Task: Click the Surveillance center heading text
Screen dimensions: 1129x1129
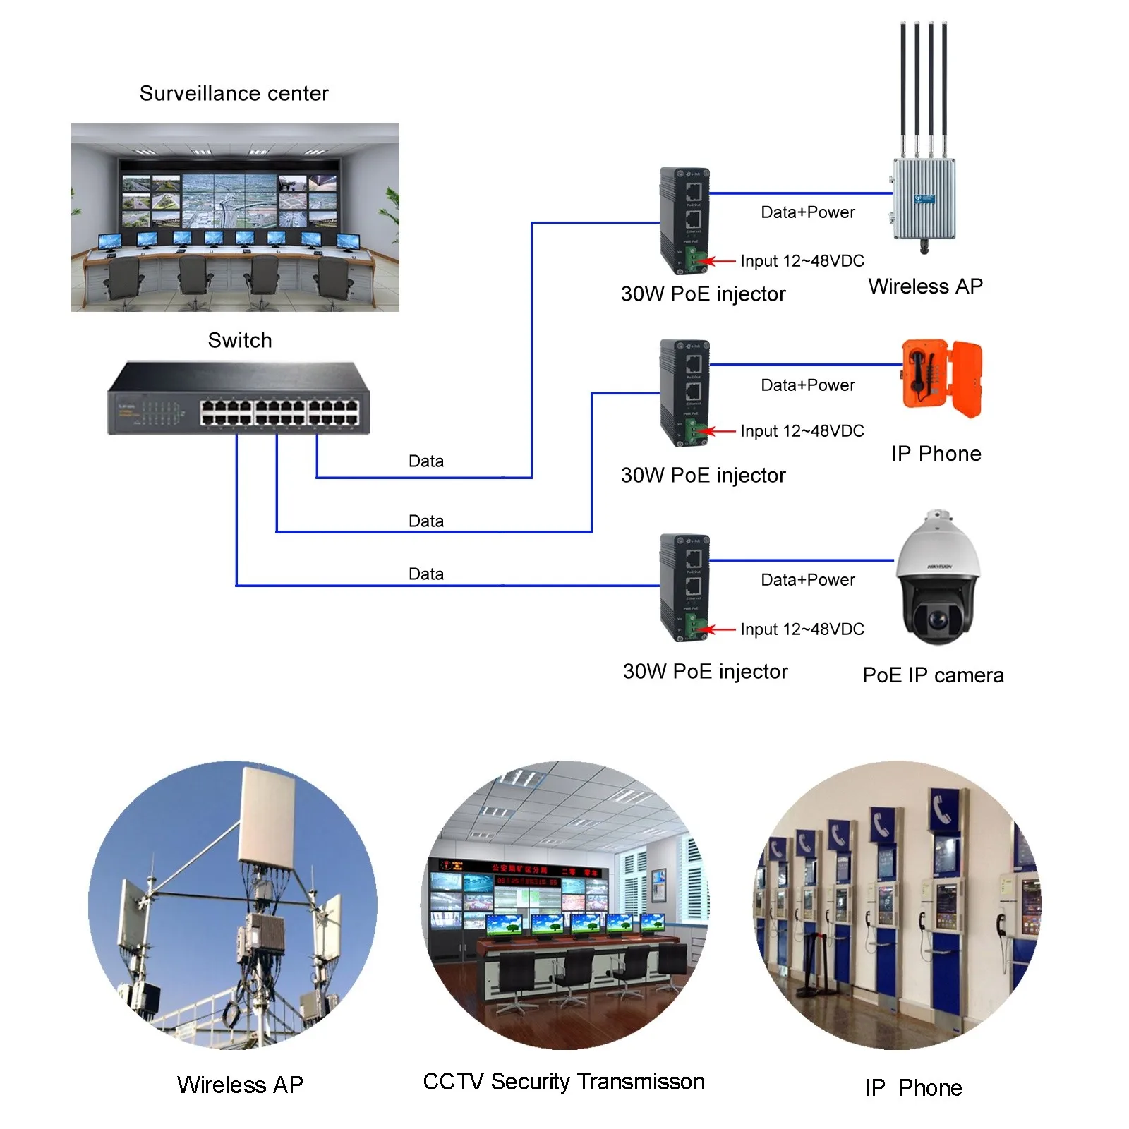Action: [x=234, y=93]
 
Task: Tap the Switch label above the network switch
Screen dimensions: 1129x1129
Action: [x=239, y=340]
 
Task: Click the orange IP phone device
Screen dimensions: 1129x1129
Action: [x=941, y=378]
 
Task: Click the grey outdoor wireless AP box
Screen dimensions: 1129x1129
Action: [x=924, y=198]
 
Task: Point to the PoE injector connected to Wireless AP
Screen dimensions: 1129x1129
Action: [x=684, y=221]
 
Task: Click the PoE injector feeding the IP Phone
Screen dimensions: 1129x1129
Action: [x=684, y=392]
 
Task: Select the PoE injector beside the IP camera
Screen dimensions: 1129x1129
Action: [x=684, y=587]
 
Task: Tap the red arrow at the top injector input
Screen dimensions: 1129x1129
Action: [x=721, y=261]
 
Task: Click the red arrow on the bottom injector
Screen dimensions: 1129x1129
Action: [x=721, y=629]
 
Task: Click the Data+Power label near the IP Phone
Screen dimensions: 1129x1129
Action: [x=807, y=385]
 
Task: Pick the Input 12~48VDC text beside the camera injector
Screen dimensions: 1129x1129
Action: [x=802, y=629]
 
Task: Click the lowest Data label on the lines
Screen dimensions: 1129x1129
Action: [x=425, y=574]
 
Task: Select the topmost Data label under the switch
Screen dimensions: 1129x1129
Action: [x=425, y=461]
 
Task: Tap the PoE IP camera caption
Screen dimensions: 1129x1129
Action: [x=932, y=675]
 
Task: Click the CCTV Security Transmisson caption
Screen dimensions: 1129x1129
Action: [x=563, y=1082]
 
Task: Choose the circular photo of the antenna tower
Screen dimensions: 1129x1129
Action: [x=233, y=905]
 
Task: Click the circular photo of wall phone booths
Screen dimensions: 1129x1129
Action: [x=896, y=905]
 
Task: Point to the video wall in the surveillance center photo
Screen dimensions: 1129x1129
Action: [x=229, y=200]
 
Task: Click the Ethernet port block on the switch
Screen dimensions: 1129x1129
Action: [x=279, y=412]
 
